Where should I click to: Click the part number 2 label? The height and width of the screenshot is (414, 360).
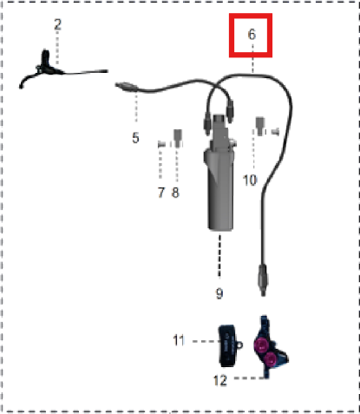(58, 24)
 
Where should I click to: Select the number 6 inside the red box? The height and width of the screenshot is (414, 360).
(252, 35)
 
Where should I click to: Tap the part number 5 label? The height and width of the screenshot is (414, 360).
(135, 138)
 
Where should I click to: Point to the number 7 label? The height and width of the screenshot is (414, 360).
(161, 193)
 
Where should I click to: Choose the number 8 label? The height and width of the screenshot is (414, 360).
(175, 193)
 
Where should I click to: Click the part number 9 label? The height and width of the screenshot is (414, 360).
(219, 293)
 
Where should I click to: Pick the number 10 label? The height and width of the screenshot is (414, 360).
(250, 181)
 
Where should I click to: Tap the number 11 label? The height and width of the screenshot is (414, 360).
(179, 340)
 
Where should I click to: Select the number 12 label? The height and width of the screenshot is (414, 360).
(220, 380)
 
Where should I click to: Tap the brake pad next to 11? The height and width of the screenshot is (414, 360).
(227, 346)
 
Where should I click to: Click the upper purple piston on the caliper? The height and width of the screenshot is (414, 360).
(262, 345)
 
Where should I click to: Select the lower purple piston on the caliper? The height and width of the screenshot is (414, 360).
(272, 358)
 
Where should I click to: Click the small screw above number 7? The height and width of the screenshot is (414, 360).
(161, 144)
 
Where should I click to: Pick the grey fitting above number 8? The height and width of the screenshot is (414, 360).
(178, 138)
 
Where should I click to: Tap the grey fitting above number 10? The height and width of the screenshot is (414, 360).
(260, 126)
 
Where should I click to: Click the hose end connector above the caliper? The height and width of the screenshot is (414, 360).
(263, 279)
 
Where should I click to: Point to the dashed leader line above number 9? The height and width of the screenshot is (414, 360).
(219, 255)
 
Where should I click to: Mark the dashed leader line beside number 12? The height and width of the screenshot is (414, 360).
(250, 378)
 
